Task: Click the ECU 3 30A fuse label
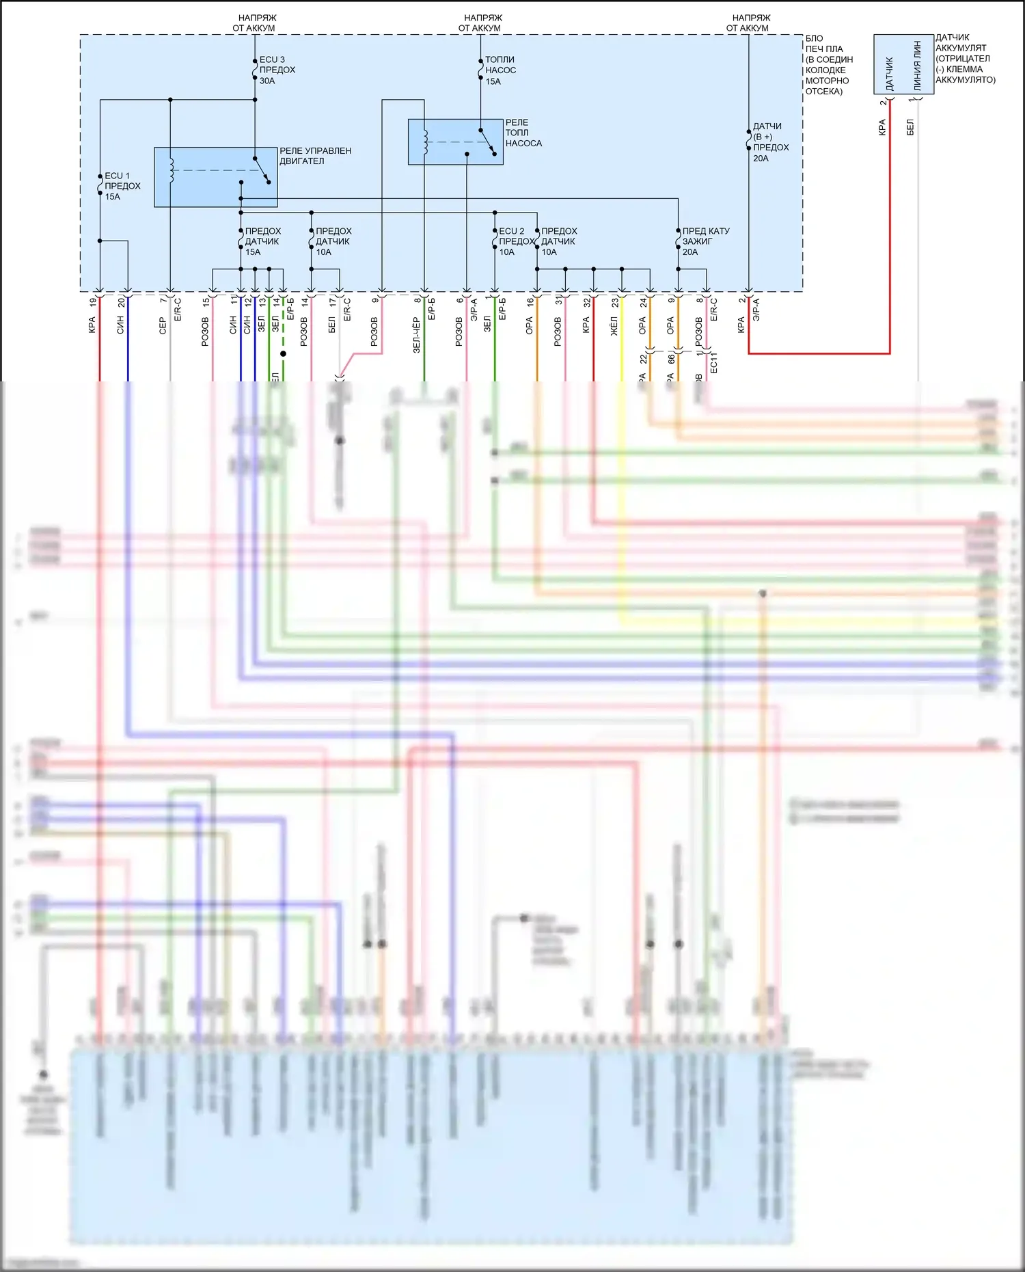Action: click(x=277, y=70)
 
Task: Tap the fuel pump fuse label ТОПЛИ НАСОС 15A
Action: click(x=500, y=70)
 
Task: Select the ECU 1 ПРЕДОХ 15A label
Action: click(x=122, y=186)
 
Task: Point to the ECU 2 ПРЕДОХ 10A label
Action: click(x=515, y=241)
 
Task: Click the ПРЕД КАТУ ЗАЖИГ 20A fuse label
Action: click(x=705, y=241)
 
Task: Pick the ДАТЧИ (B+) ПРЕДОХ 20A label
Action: click(x=770, y=142)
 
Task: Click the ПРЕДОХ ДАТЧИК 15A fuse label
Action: click(x=262, y=241)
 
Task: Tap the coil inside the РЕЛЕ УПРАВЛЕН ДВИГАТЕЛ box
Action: click(x=172, y=171)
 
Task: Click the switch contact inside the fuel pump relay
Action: click(x=487, y=142)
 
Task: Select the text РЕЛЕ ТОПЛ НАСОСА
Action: click(x=523, y=133)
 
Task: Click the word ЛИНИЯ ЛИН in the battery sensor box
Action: click(x=917, y=66)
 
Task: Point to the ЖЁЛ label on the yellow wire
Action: click(x=614, y=326)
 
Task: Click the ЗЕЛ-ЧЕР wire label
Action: click(x=416, y=335)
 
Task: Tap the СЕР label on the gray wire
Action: click(x=162, y=325)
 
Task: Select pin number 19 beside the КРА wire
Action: click(x=93, y=302)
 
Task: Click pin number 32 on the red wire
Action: click(x=586, y=302)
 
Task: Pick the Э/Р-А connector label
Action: click(x=756, y=309)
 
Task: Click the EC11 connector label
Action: click(x=713, y=363)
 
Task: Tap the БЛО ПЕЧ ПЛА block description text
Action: click(x=828, y=65)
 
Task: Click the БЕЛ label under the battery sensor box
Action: click(x=910, y=127)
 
